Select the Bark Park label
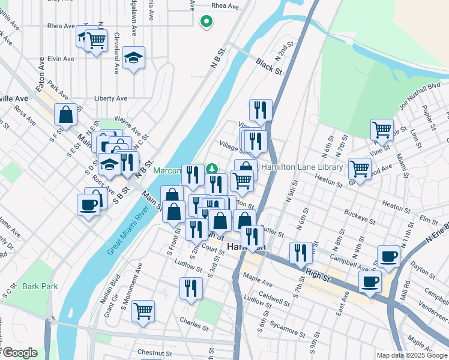pyautogui.click(x=40, y=286)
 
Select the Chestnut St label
pyautogui.click(x=155, y=353)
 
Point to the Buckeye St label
pyautogui.click(x=360, y=217)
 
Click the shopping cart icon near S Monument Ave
pyautogui.click(x=143, y=311)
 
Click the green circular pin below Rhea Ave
pyautogui.click(x=206, y=22)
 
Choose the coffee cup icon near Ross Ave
pyautogui.click(x=89, y=205)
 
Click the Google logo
pyautogui.click(x=19, y=353)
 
